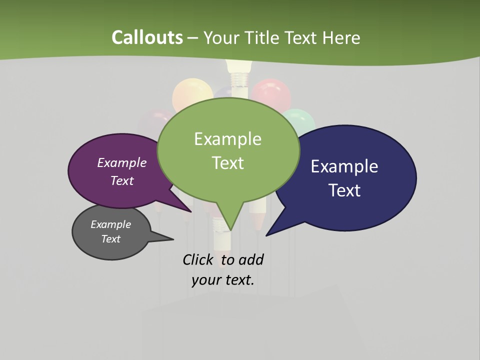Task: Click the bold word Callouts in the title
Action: tap(147, 37)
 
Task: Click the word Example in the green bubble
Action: tap(227, 139)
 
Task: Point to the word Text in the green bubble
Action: tap(227, 163)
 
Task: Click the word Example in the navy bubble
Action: tap(344, 166)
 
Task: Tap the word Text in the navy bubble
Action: tap(344, 190)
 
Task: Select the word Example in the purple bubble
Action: tap(122, 162)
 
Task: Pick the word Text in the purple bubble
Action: tap(122, 180)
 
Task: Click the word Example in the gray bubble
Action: tap(110, 224)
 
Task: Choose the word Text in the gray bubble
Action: tap(110, 239)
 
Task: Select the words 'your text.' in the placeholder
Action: tap(223, 280)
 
